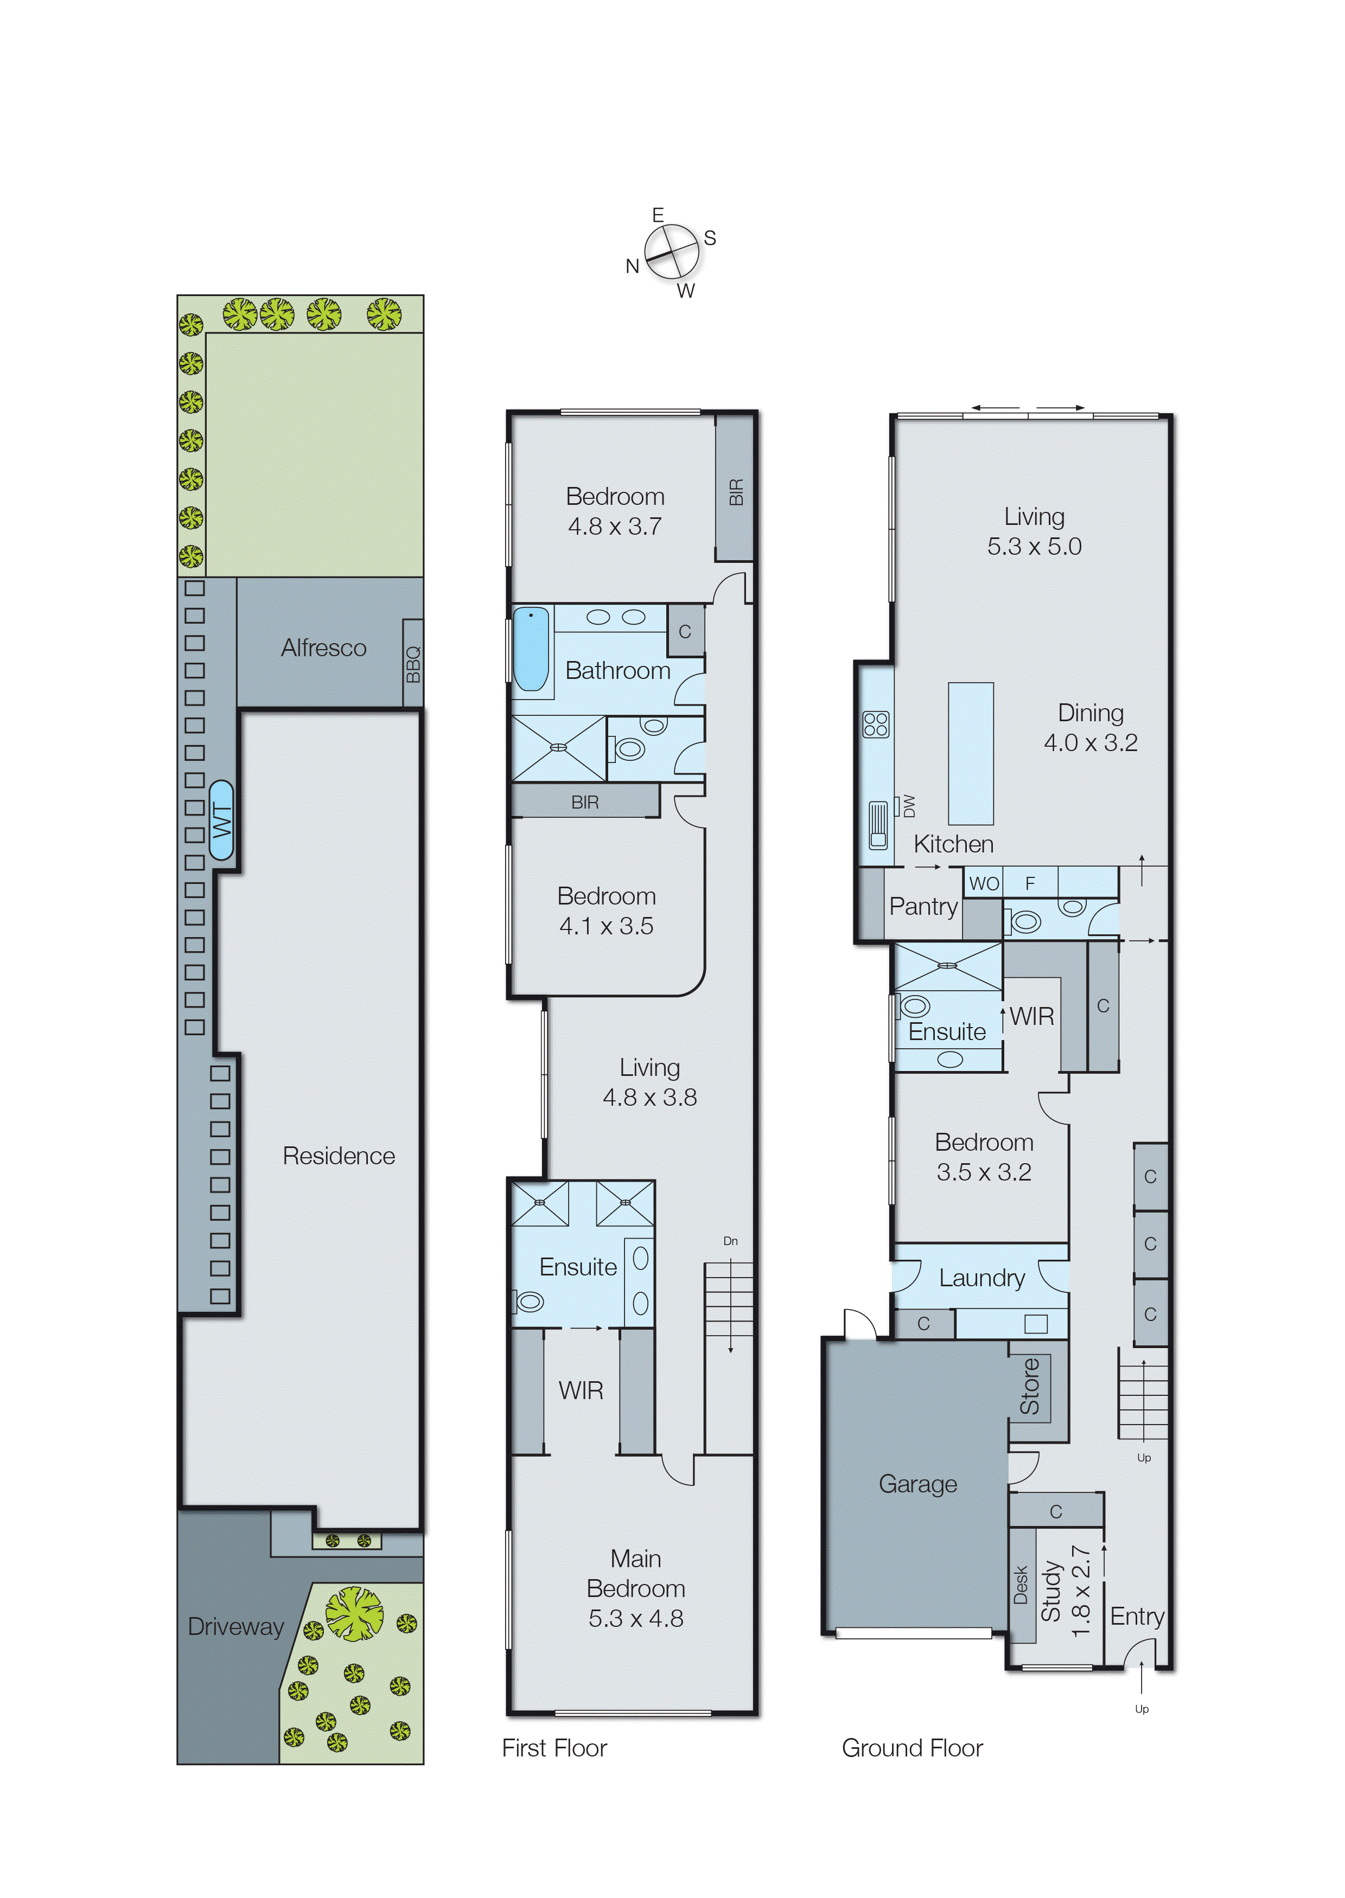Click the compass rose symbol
tap(672, 252)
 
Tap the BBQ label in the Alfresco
tap(412, 663)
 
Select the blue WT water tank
tap(221, 819)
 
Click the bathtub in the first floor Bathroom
tap(531, 649)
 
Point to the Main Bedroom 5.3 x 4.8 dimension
tap(635, 1618)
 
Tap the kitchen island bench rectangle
tap(970, 753)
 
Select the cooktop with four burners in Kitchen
tap(875, 724)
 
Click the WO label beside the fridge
tap(984, 883)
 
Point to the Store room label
tap(1029, 1387)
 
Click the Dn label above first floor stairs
tap(730, 1241)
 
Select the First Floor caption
tap(554, 1747)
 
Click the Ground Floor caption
tap(912, 1747)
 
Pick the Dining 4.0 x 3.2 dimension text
tap(1090, 742)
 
